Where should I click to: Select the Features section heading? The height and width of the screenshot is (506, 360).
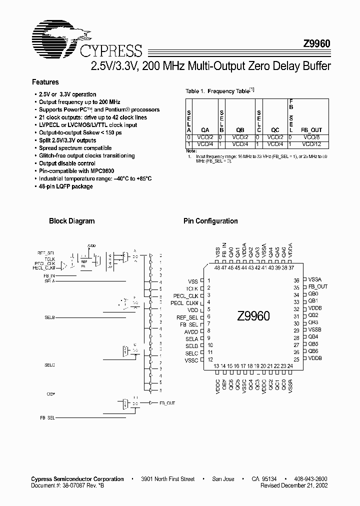45,82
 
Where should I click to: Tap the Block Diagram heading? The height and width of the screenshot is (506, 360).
71,221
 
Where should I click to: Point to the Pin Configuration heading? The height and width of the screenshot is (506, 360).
210,221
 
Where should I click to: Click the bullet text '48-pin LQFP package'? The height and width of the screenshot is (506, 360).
66,186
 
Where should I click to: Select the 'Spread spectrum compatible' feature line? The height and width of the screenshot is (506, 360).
75,148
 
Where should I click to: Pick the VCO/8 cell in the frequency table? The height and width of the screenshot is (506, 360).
311,136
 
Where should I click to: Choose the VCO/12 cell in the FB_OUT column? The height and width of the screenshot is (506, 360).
311,143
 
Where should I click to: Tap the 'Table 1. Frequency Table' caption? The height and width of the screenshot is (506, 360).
218,91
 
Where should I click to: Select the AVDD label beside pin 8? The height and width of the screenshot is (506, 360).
191,331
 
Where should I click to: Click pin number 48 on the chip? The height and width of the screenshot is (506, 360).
217,268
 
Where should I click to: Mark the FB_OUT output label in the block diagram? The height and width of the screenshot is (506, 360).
167,402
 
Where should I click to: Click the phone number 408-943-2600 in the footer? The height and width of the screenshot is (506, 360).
313,479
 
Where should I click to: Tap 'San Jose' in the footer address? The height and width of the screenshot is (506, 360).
223,479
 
